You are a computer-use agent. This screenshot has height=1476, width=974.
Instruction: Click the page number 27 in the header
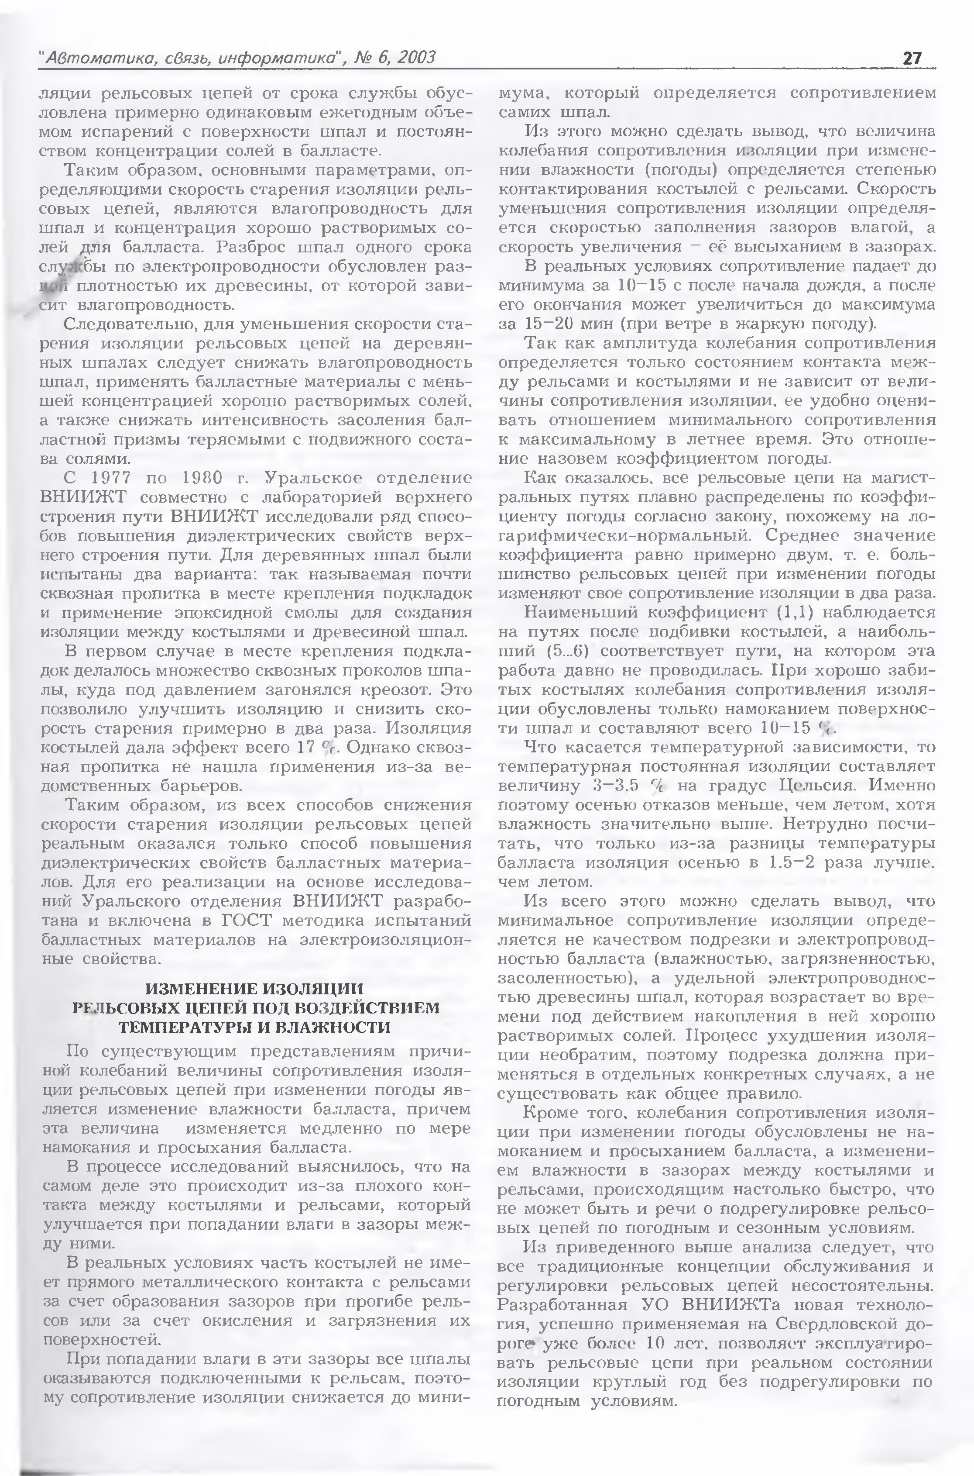click(x=911, y=59)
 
